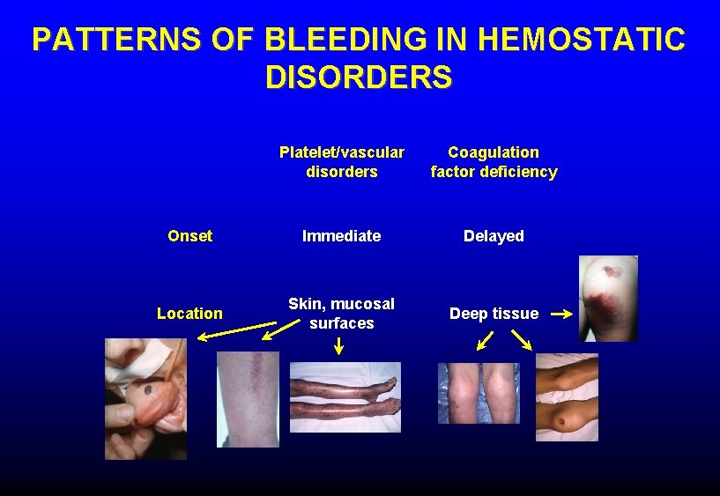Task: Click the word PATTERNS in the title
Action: [x=93, y=40]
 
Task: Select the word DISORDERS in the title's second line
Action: [x=359, y=78]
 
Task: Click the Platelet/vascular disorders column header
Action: [x=342, y=162]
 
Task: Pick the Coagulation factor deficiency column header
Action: [x=494, y=162]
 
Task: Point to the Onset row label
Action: [x=189, y=236]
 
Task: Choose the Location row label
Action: [x=189, y=314]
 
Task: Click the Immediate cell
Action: [x=342, y=236]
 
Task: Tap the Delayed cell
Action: [x=494, y=236]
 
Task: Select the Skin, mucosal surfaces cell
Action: [x=342, y=314]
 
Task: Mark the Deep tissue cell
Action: [x=494, y=314]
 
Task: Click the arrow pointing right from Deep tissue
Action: [x=560, y=313]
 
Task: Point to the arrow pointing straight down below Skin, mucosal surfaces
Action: [x=339, y=346]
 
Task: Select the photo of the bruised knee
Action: [x=608, y=298]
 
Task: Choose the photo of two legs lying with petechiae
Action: [x=345, y=397]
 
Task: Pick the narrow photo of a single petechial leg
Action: [x=248, y=399]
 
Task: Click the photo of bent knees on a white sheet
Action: [x=567, y=397]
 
